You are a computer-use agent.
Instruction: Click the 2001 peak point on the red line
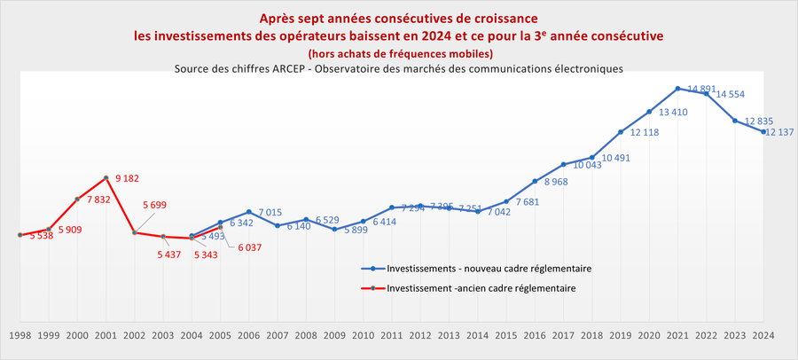coord(106,177)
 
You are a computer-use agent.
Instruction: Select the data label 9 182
coord(129,179)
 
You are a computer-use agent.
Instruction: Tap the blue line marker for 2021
coord(677,89)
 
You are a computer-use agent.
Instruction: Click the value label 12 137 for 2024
coord(780,132)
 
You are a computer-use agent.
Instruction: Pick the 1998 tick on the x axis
coord(20,336)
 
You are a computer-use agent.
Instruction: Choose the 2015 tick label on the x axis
coord(506,336)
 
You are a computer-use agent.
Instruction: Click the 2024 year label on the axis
coord(763,336)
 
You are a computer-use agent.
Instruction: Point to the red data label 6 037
coord(251,247)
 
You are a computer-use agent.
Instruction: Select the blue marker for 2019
coord(621,132)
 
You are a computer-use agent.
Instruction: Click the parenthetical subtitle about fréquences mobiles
coord(399,53)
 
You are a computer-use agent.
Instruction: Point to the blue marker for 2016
coord(535,181)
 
